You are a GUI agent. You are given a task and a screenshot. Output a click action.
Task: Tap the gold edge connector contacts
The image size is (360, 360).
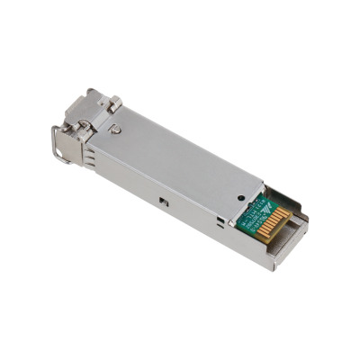(271, 223)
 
